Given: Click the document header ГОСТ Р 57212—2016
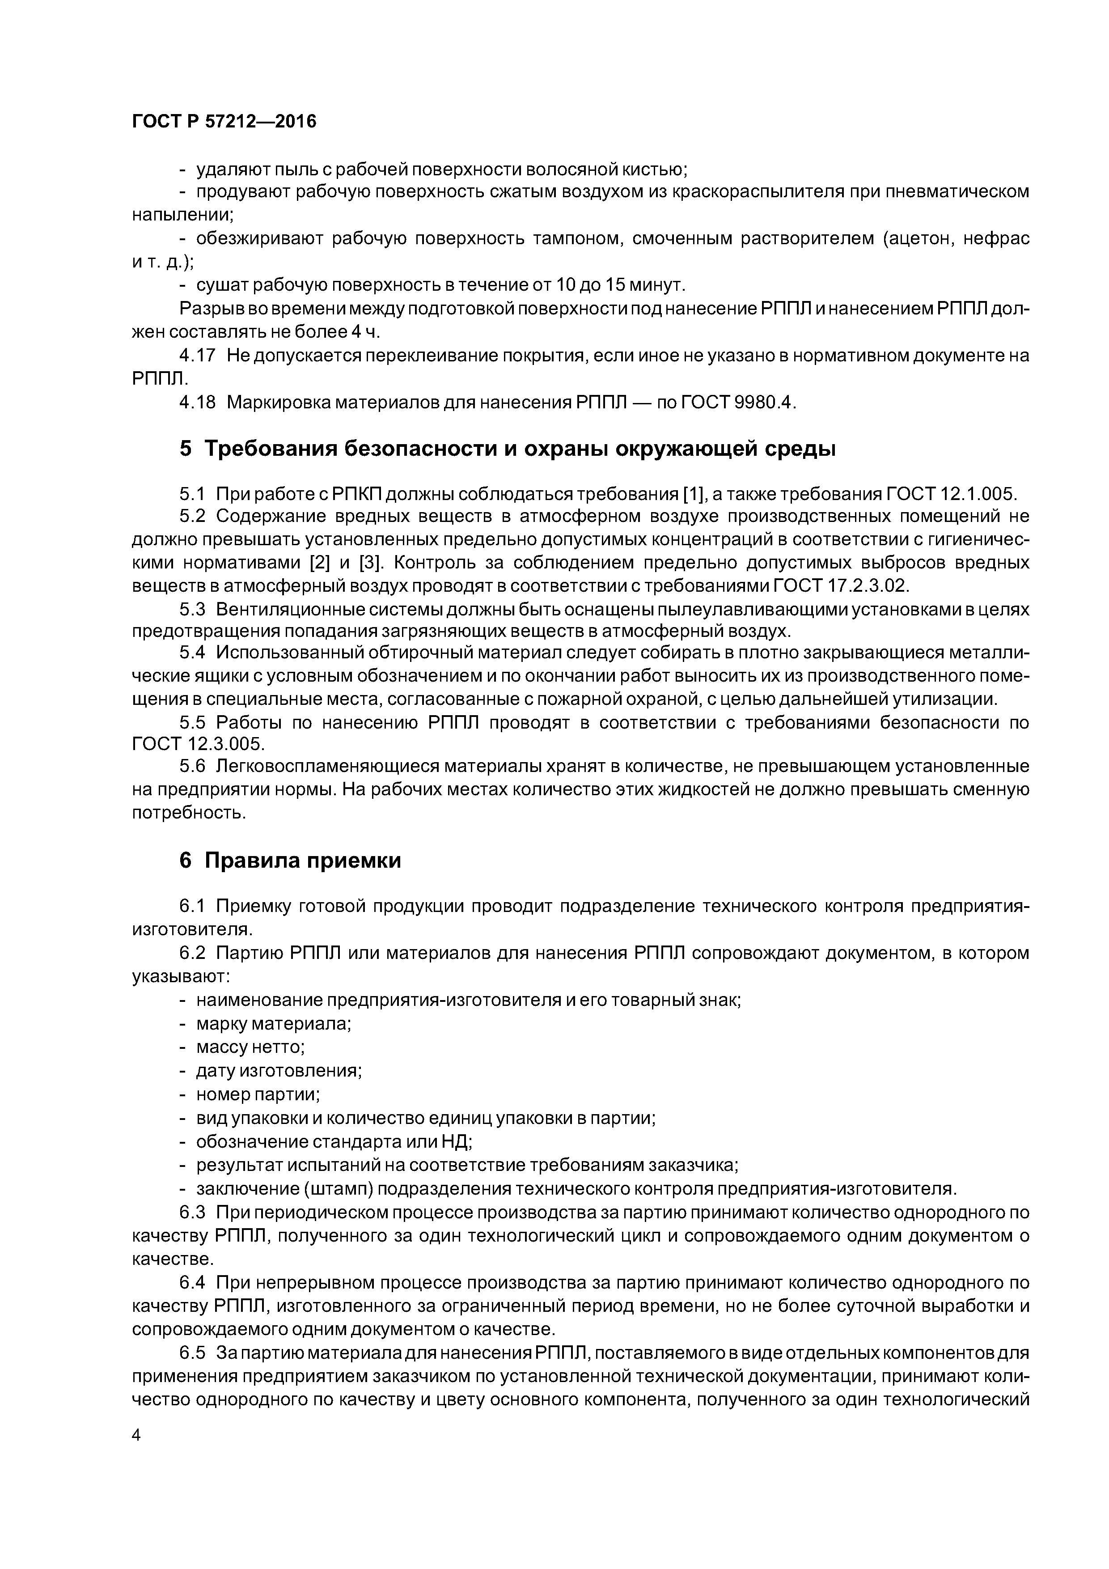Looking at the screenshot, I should pos(224,122).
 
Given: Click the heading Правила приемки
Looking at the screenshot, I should pos(303,861).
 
